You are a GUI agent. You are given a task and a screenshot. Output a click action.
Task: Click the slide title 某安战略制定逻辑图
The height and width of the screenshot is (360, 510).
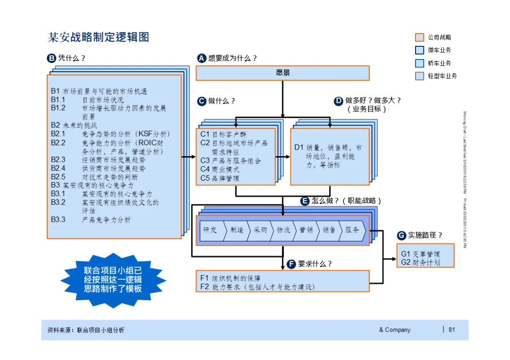pos(99,37)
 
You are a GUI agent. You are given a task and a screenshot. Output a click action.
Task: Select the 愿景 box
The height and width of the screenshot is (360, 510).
pos(282,73)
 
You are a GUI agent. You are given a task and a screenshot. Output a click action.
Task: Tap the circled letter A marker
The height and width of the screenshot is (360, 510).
pos(202,59)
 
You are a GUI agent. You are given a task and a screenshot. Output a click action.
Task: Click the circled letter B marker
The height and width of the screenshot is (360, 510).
pos(51,59)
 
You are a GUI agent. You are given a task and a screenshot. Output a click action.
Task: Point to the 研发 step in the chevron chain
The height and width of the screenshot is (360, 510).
pos(211,230)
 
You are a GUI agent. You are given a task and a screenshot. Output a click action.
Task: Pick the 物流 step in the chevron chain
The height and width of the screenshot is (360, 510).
pos(283,230)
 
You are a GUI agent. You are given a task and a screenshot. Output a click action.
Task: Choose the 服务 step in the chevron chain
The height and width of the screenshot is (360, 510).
pos(352,230)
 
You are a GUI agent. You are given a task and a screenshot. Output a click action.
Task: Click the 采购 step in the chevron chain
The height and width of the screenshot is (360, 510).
pos(260,230)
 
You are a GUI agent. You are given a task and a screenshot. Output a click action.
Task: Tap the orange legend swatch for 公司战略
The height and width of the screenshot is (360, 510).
pos(419,37)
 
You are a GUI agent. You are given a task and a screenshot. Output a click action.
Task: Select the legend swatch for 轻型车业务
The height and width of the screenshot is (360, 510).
pos(419,76)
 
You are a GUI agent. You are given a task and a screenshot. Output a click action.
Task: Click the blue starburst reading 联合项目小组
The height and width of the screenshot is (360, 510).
pos(113,280)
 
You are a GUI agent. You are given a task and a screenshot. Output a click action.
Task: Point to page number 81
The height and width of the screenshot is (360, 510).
pos(452,330)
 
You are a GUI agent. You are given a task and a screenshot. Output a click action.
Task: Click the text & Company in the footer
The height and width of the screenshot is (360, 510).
pos(395,330)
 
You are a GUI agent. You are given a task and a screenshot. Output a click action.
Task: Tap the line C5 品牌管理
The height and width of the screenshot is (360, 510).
pos(220,178)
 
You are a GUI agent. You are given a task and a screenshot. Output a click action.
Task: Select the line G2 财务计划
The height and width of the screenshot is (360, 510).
pos(420,262)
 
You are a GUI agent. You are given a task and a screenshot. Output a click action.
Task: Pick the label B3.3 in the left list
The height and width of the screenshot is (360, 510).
pos(59,220)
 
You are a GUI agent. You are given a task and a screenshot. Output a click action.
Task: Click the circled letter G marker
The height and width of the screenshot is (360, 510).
pos(401,235)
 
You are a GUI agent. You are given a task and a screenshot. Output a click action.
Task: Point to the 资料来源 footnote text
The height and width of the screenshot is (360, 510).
pos(86,330)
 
